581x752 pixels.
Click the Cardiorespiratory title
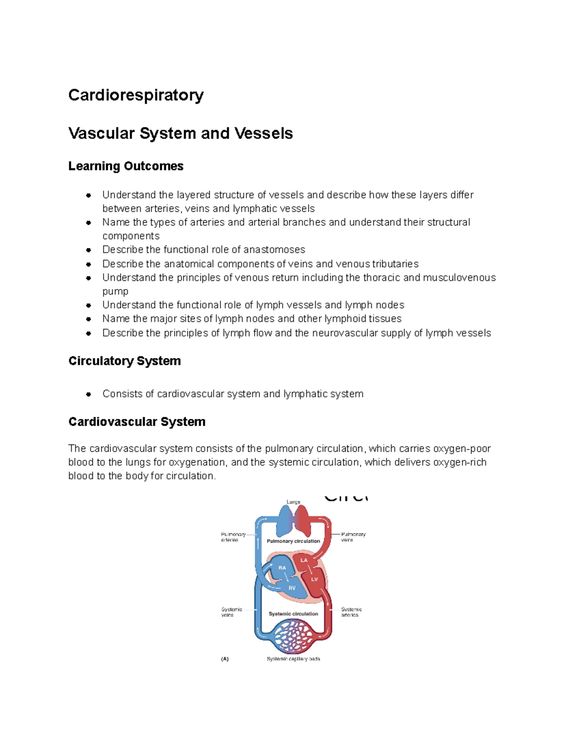(136, 95)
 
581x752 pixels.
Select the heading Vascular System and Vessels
(180, 133)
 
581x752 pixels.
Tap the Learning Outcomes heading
(125, 166)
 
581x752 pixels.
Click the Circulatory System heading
(124, 361)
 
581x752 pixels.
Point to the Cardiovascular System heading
(137, 422)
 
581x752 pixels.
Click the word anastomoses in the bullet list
(274, 250)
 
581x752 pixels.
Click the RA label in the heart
(282, 568)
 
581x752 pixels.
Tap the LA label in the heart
(304, 560)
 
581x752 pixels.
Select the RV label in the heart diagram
(292, 588)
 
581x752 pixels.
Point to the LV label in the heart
(314, 579)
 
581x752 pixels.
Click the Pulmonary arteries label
(233, 537)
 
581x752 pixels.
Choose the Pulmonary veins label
(353, 537)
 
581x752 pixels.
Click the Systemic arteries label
(351, 612)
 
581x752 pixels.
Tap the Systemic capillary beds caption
(293, 659)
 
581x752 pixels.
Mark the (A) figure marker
(225, 659)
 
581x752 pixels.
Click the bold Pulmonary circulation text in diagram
(293, 541)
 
